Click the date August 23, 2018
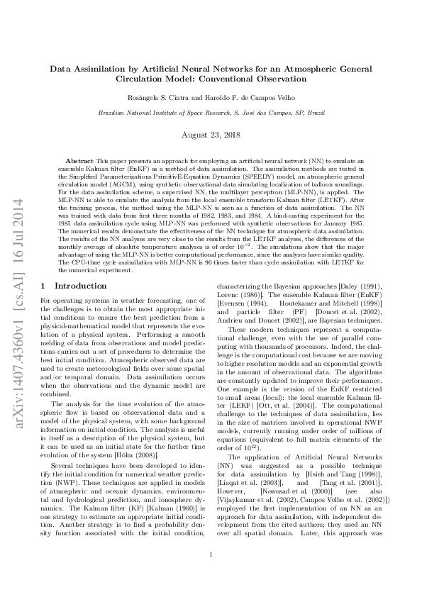click(211, 134)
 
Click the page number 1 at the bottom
click(211, 575)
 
